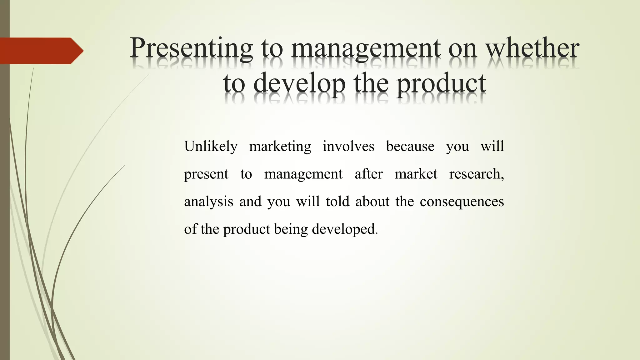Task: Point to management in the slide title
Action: (366, 48)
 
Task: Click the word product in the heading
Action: (441, 84)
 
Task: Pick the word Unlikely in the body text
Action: (211, 147)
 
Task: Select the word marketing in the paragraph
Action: (280, 147)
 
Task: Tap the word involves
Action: (348, 147)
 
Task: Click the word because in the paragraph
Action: (410, 147)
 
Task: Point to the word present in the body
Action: (206, 174)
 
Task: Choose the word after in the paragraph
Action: (368, 174)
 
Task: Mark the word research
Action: (476, 174)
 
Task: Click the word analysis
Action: (208, 202)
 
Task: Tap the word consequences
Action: (462, 202)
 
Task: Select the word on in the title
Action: (462, 48)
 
